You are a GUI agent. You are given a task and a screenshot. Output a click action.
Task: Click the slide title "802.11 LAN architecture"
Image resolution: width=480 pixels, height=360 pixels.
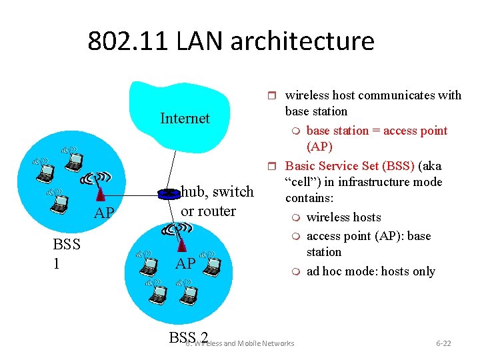tap(231, 41)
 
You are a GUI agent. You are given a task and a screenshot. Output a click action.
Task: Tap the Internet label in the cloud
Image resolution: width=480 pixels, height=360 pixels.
tap(185, 119)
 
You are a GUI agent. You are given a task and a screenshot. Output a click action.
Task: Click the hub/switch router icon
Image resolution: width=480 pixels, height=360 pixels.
tap(169, 194)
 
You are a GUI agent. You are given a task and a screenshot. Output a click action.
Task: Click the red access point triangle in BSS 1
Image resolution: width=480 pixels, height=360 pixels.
tap(100, 193)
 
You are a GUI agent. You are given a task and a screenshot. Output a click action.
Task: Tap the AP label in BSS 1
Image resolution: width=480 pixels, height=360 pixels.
tap(103, 213)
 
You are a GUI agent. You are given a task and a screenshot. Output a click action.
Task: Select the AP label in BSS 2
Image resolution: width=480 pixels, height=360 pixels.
tap(185, 263)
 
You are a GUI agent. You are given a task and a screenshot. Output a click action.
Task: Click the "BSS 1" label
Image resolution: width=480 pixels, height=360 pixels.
tap(67, 254)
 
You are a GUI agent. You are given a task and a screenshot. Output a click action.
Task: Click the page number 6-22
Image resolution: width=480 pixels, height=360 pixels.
tap(443, 343)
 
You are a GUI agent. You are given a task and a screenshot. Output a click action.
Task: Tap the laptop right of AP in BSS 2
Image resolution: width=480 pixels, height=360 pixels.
tap(211, 267)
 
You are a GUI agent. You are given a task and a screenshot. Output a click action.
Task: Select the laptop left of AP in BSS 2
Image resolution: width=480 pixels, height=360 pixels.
tap(148, 267)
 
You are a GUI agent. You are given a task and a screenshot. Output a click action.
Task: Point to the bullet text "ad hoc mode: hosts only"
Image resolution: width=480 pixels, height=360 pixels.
tap(371, 271)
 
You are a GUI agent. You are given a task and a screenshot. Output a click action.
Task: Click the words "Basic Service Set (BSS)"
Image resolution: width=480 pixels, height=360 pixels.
tap(353, 166)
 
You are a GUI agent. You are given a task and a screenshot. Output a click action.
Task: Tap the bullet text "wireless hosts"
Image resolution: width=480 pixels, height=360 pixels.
tap(343, 217)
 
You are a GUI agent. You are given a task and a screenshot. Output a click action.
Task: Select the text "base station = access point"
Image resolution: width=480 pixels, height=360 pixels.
tap(377, 131)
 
